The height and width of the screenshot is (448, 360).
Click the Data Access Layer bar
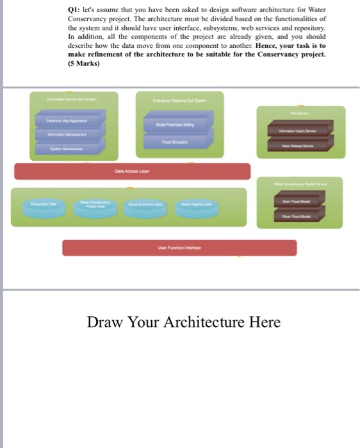[132, 172]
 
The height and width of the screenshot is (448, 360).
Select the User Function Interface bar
[179, 248]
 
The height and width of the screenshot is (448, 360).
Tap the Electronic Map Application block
[67, 120]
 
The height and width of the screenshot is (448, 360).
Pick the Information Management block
[67, 134]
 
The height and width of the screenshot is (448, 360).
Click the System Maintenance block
[67, 148]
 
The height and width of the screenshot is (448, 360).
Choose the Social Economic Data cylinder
[145, 204]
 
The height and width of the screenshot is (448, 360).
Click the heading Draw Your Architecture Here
[184, 322]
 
